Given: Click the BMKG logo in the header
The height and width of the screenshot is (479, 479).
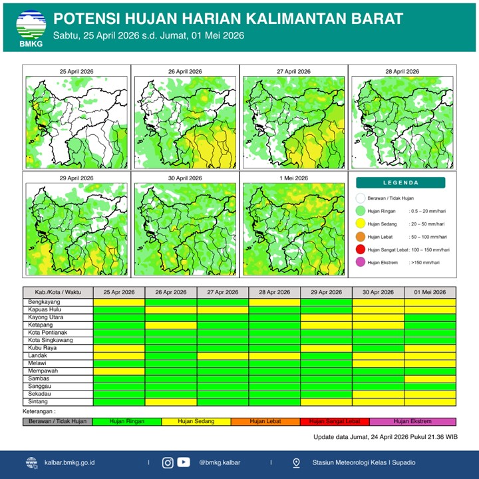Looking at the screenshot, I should (x=30, y=27).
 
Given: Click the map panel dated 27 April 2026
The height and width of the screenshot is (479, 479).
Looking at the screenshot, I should (x=293, y=120).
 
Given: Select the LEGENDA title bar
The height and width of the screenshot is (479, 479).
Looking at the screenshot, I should (x=400, y=183).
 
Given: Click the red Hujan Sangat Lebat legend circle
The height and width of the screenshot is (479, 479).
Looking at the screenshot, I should (x=361, y=249).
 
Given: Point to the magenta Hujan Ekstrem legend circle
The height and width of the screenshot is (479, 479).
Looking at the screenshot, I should (x=361, y=262).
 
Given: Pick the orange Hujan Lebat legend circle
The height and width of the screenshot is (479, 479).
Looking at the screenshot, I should (x=361, y=236).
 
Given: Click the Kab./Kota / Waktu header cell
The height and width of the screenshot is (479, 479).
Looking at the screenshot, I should (x=58, y=292).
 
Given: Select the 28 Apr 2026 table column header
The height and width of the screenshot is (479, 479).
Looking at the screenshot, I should (x=274, y=292).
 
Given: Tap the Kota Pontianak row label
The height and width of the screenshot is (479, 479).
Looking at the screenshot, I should (x=58, y=333).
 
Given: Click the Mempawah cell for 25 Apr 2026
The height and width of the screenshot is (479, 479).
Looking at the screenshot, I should (x=119, y=371).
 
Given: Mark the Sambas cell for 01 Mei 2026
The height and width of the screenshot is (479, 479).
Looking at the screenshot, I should (x=430, y=379).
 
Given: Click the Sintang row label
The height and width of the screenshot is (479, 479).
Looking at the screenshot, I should (x=58, y=401).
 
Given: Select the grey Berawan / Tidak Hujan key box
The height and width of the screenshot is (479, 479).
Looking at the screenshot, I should (x=57, y=421).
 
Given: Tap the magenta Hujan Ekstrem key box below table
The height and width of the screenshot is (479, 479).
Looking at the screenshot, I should (x=413, y=421).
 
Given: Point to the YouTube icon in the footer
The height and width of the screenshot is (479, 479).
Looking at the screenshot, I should (x=184, y=462).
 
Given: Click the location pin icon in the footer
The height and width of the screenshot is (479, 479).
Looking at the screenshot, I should (x=296, y=462).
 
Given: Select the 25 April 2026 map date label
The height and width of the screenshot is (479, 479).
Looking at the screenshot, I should (x=76, y=71).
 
